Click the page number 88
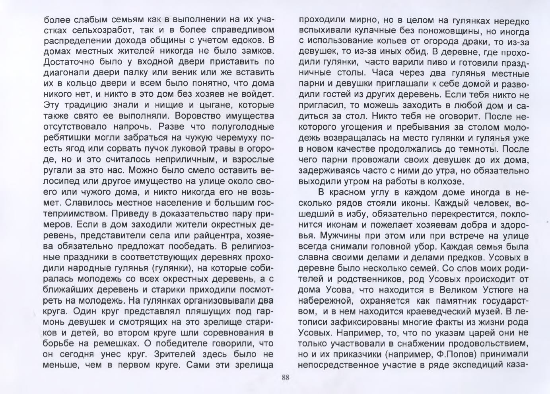click(x=285, y=378)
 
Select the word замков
click(x=253, y=51)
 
